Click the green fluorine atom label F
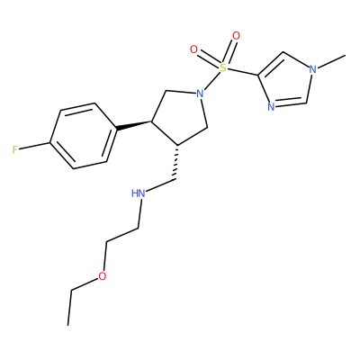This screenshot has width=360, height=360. coord(15,149)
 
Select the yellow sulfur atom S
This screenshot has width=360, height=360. coord(222,67)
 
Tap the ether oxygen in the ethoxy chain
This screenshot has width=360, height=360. coord(103,276)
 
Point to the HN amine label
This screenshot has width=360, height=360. coord(139,193)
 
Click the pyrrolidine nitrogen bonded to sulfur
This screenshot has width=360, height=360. coord(200,94)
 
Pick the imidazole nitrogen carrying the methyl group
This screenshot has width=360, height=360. coord(312,69)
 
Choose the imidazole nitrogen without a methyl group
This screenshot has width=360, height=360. coord(271,106)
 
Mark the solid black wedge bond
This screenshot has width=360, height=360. coord(134,126)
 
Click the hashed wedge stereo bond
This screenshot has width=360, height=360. coord(176,162)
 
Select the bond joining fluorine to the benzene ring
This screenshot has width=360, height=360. coord(35,146)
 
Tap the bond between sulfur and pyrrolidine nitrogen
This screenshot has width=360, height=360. coord(211,81)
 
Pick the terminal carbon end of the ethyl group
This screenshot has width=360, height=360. coord(68,325)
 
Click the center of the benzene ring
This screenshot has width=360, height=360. coord(83,136)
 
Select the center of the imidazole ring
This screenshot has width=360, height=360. coord(285,81)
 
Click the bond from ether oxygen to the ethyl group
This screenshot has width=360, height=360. coord(85,283)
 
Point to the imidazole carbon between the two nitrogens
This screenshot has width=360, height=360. coord(307,103)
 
